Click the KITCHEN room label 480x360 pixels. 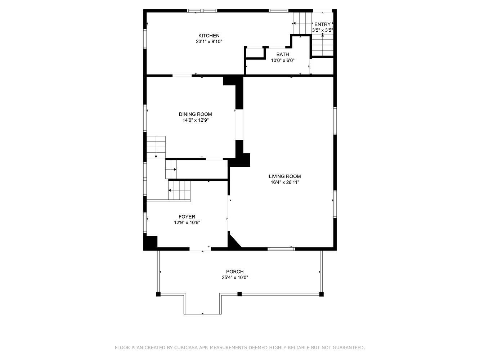(x=209, y=36)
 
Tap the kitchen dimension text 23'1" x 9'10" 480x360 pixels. (x=209, y=41)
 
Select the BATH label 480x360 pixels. (x=283, y=54)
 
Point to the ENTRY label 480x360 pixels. (x=322, y=24)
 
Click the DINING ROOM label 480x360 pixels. (x=195, y=114)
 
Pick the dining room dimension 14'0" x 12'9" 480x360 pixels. (x=195, y=120)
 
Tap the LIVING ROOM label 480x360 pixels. (x=285, y=176)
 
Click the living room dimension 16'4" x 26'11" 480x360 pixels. (x=285, y=182)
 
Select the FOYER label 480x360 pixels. (x=187, y=217)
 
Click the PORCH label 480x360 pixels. (x=235, y=271)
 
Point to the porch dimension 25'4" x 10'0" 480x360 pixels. (x=235, y=278)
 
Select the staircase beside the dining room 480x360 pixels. (x=156, y=147)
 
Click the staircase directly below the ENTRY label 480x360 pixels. (x=322, y=45)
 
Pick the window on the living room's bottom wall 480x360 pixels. (x=281, y=249)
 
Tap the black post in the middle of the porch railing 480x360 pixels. (x=239, y=294)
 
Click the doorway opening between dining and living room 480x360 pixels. (x=239, y=125)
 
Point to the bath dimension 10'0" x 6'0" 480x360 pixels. (x=283, y=60)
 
